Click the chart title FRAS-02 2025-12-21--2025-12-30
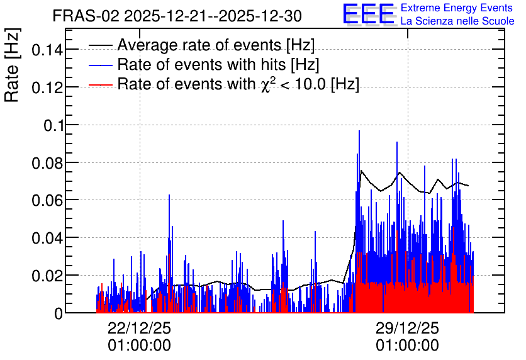pos(177,16)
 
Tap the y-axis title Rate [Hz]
pos(12,65)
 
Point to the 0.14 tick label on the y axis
pos(47,50)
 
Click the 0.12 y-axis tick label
pos(47,88)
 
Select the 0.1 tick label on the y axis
pos(53,125)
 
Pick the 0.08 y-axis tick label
pos(47,164)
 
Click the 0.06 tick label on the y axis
pos(47,201)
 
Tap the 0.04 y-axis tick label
pos(47,238)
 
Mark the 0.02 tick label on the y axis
pos(47,276)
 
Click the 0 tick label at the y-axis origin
pos(59,313)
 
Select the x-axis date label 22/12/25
pos(139,328)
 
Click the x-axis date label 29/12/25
pos(407,328)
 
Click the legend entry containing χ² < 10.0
pos(238,84)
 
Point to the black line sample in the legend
pos(101,45)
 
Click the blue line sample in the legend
pos(101,65)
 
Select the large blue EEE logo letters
pos(368,14)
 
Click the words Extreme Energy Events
pos(457,8)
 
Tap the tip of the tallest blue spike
pos(359,131)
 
